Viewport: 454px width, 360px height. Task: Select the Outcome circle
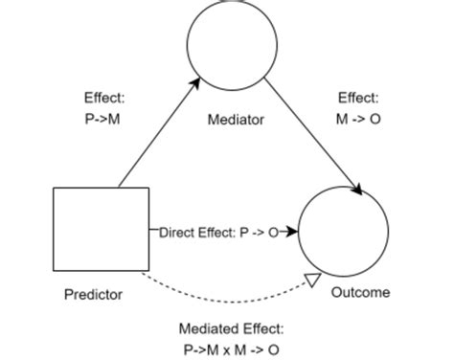[343, 233]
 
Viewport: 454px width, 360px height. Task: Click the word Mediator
[235, 121]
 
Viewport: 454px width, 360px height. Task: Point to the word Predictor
[93, 294]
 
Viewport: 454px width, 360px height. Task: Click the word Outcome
[360, 292]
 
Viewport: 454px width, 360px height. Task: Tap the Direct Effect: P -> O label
[216, 232]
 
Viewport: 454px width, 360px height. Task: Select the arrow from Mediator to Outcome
[311, 135]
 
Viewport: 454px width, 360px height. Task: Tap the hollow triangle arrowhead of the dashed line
[310, 280]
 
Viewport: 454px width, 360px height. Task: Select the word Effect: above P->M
[102, 97]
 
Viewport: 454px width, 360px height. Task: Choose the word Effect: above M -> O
[357, 97]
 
